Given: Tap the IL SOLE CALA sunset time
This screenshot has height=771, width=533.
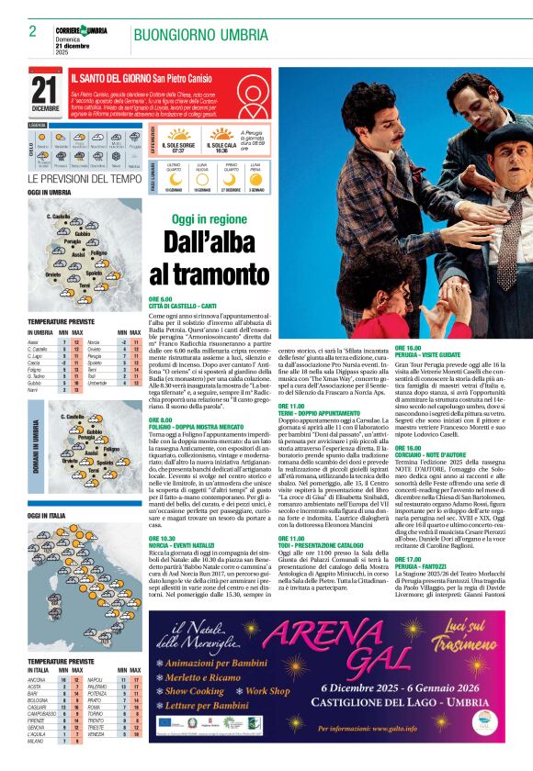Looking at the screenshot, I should (x=221, y=150).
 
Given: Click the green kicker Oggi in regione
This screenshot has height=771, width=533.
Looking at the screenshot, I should (x=210, y=220).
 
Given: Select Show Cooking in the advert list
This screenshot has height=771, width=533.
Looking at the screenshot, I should (x=194, y=690).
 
